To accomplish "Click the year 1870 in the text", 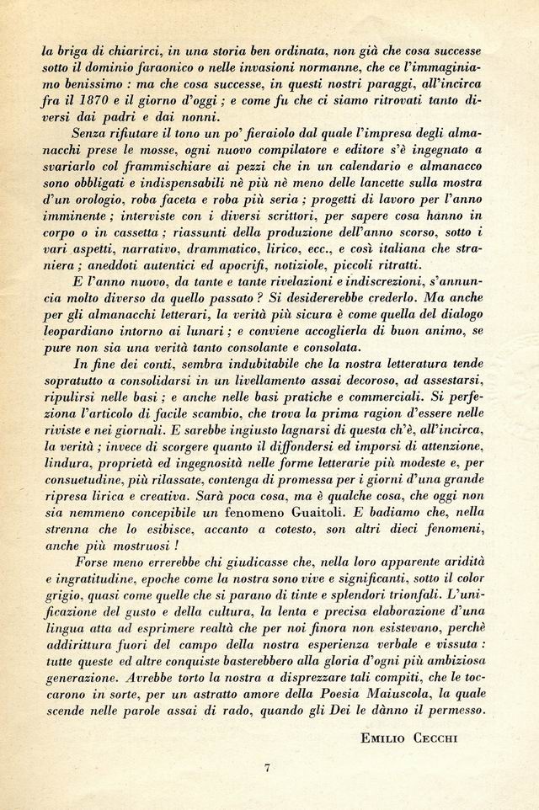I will point(88,101).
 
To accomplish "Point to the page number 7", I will point(267,767).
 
